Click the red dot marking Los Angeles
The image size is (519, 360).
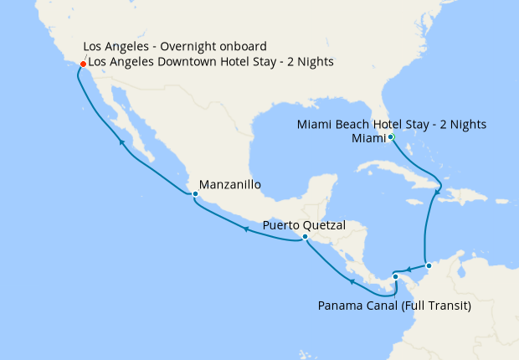pyautogui.click(x=82, y=64)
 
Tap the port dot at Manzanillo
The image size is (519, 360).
pyautogui.click(x=194, y=194)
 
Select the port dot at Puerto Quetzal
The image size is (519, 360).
pyautogui.click(x=305, y=237)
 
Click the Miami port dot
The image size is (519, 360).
pyautogui.click(x=391, y=136)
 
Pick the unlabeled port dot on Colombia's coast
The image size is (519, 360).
pyautogui.click(x=429, y=266)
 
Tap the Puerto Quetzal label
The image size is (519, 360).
pyautogui.click(x=304, y=224)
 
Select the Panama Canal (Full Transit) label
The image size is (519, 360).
pyautogui.click(x=394, y=306)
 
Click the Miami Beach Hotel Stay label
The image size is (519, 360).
pyautogui.click(x=392, y=125)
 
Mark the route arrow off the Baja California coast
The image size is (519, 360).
pyautogui.click(x=122, y=143)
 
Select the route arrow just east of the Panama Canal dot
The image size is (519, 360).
pyautogui.click(x=408, y=270)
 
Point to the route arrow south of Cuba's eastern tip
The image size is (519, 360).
pyautogui.click(x=436, y=194)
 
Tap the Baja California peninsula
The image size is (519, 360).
pyautogui.click(x=126, y=117)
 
